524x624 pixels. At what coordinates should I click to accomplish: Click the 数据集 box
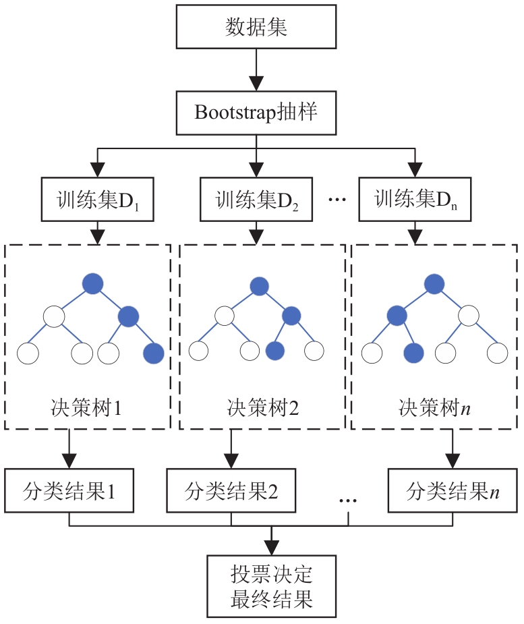tap(256, 28)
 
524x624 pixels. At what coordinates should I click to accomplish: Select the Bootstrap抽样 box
tap(256, 112)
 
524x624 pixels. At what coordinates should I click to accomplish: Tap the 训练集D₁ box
tap(98, 200)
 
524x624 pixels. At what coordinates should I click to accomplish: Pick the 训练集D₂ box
tap(256, 200)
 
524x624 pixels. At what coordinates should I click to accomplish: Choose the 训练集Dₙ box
tap(413, 200)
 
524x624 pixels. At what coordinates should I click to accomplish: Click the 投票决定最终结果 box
tap(270, 586)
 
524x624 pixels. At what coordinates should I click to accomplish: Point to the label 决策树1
tap(87, 409)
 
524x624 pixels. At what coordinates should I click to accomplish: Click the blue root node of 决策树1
tap(93, 284)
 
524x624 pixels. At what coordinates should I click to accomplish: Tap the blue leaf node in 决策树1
tap(154, 352)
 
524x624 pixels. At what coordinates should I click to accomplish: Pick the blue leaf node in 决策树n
tap(413, 351)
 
